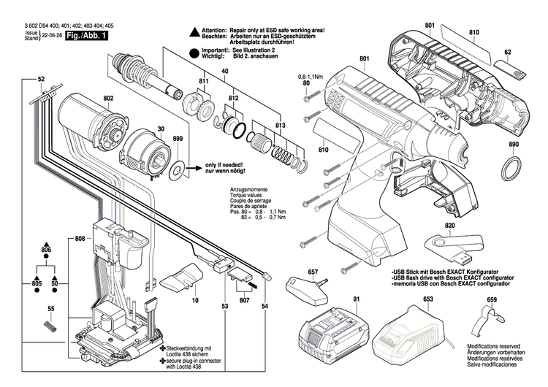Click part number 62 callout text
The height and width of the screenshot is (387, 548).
pos(508,52)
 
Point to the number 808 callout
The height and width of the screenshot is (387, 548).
pos(79,239)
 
